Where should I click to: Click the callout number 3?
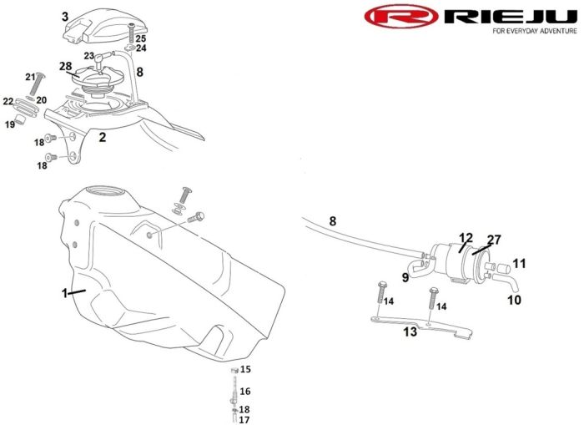click(x=65, y=16)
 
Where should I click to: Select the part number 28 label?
click(x=65, y=66)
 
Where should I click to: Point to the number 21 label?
click(x=32, y=78)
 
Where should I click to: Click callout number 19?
click(x=10, y=124)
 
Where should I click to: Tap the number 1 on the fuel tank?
click(x=63, y=293)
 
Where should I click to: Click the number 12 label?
click(x=466, y=238)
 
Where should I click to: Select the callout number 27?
click(x=495, y=240)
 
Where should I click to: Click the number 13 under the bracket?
click(x=410, y=331)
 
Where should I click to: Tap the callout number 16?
click(x=245, y=391)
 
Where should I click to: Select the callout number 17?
click(x=244, y=420)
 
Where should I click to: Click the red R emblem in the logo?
click(x=401, y=17)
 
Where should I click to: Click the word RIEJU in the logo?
click(x=508, y=16)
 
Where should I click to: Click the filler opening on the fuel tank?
click(x=107, y=195)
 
